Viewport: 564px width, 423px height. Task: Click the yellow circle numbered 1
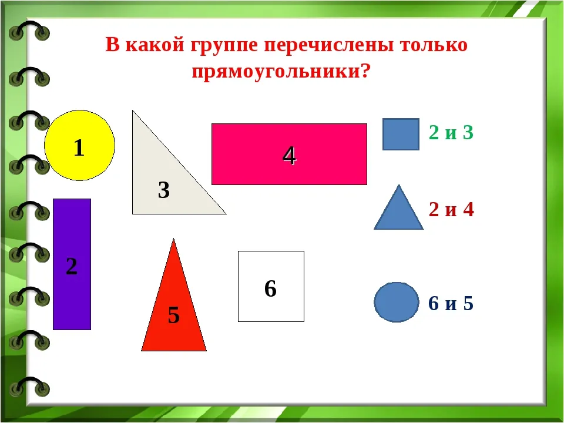(x=79, y=145)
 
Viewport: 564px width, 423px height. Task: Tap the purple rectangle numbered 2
(x=72, y=264)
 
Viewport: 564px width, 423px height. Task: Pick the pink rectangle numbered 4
(x=289, y=154)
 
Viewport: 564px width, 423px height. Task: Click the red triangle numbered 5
(x=174, y=310)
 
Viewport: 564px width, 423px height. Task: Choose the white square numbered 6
(x=271, y=286)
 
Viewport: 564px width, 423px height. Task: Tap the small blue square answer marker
(x=401, y=134)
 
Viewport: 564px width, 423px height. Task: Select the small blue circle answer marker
(x=397, y=302)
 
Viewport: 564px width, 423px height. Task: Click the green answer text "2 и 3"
(x=451, y=132)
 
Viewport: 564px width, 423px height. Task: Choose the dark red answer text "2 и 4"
(x=451, y=209)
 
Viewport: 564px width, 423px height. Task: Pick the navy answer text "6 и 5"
(x=451, y=303)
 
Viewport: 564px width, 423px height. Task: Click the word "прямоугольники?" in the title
(x=281, y=72)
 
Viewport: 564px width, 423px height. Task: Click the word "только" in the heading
(x=434, y=45)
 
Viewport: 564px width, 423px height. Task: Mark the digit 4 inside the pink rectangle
(x=289, y=155)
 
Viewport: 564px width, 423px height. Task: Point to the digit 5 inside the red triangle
(x=174, y=315)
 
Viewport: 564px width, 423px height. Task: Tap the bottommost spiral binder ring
(x=29, y=387)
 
